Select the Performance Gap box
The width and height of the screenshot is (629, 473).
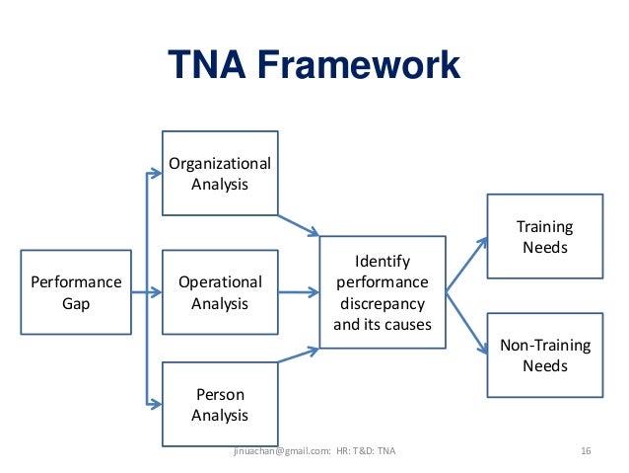tap(76, 292)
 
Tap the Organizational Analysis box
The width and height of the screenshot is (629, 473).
tap(220, 173)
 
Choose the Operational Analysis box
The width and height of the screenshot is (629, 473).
tap(220, 292)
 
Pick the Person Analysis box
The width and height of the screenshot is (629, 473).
tap(220, 405)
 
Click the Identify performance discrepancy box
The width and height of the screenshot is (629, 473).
tap(383, 292)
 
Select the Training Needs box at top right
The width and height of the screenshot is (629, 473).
tap(544, 237)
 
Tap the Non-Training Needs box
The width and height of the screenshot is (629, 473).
tap(544, 355)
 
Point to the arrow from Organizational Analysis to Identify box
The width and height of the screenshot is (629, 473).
tap(298, 224)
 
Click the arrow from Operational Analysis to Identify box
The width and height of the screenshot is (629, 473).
tap(298, 292)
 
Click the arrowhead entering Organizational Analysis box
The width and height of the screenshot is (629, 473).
tap(155, 174)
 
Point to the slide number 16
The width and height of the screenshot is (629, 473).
tap(586, 451)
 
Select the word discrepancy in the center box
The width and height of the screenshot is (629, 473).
tap(383, 302)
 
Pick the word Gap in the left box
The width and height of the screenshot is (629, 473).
tap(76, 303)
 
